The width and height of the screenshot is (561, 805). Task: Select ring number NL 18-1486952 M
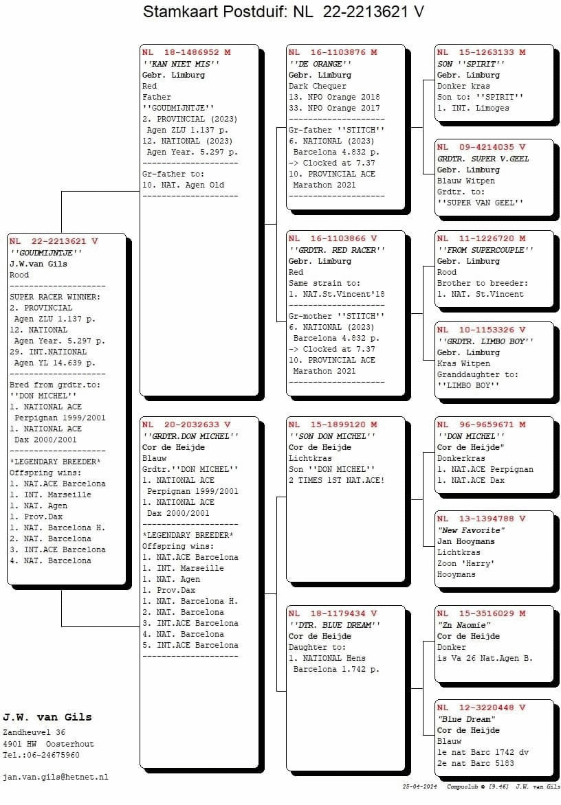(x=186, y=52)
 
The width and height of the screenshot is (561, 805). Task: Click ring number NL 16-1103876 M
(x=333, y=52)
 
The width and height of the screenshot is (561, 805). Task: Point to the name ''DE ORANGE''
(x=320, y=63)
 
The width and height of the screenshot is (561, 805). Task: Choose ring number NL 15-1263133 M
(x=481, y=52)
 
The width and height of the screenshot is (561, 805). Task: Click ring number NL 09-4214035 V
(x=481, y=147)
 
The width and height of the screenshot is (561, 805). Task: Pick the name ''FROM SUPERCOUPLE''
(x=485, y=250)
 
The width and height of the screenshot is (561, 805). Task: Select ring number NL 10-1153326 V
(x=481, y=330)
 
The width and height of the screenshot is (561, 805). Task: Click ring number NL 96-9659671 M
(x=481, y=424)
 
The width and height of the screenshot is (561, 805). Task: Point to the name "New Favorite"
(x=471, y=530)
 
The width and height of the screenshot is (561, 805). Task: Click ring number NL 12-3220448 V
(x=481, y=707)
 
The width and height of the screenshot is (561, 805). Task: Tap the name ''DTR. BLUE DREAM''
(x=334, y=624)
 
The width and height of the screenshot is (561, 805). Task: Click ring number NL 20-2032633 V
(x=186, y=424)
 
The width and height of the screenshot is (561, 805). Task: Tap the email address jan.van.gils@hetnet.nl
(x=56, y=777)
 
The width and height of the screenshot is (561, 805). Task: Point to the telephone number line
(x=41, y=755)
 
